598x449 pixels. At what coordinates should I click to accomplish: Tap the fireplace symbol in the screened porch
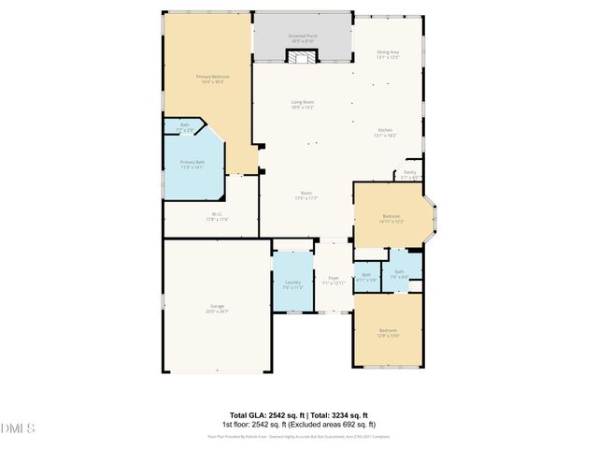(x=302, y=58)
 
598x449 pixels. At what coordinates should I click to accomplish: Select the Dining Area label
(x=387, y=54)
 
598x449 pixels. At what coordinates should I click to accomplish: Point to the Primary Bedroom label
(x=212, y=79)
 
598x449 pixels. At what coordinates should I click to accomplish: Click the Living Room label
(x=302, y=104)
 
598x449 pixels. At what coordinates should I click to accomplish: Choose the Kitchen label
(x=385, y=133)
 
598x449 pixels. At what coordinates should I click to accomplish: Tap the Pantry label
(x=409, y=174)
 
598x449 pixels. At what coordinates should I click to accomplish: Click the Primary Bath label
(x=192, y=165)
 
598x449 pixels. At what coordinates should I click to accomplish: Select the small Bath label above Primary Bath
(x=185, y=126)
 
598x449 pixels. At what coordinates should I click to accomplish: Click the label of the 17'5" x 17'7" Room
(x=306, y=196)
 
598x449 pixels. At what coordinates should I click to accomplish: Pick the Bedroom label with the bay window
(x=391, y=217)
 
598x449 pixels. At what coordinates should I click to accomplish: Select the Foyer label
(x=334, y=280)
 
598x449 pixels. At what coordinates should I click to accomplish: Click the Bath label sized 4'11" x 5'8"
(x=367, y=277)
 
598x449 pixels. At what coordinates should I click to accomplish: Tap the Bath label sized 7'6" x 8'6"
(x=399, y=274)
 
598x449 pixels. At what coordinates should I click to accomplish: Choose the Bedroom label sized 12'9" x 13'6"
(x=388, y=333)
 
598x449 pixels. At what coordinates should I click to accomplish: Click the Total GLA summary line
(x=298, y=414)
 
